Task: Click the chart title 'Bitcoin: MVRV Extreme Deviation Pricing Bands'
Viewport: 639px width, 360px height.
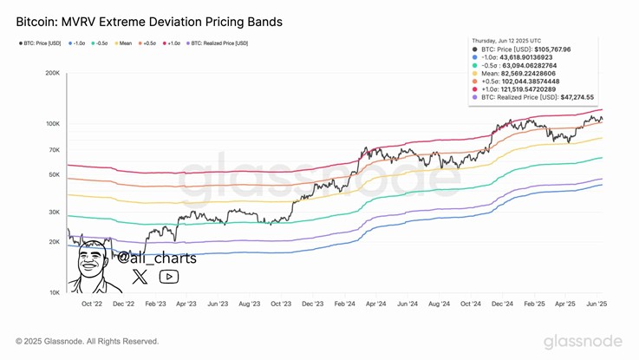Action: (x=148, y=20)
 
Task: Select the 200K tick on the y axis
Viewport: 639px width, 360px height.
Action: (x=52, y=74)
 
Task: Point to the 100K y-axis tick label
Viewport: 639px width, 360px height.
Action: (x=52, y=124)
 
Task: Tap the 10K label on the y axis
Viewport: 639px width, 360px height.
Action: (x=54, y=292)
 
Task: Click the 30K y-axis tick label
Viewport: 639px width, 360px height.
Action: (x=54, y=213)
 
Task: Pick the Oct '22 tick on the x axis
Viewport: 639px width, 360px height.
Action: (x=92, y=305)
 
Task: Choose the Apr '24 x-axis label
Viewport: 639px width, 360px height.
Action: (x=375, y=305)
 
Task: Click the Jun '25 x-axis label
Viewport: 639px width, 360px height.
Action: (x=597, y=305)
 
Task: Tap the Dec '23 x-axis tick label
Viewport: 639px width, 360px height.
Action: (x=312, y=305)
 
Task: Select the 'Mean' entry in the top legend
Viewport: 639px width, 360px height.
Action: (x=124, y=43)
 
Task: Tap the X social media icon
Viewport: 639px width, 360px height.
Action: (x=140, y=277)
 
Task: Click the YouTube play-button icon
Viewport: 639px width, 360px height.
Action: (x=169, y=277)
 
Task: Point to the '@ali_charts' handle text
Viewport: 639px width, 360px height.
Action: (x=157, y=258)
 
